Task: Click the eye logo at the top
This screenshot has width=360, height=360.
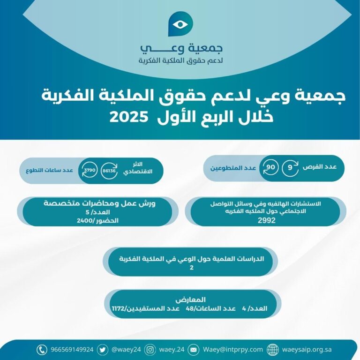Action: (180, 24)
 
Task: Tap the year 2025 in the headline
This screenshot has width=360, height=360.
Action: (128, 117)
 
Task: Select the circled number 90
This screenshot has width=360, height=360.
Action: (270, 167)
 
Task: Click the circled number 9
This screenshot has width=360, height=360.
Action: (290, 168)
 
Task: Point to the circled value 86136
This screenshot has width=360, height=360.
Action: (109, 171)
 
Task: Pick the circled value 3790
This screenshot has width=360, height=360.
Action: (90, 170)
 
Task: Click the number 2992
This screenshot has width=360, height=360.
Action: (266, 220)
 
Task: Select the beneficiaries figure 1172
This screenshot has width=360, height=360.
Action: (118, 308)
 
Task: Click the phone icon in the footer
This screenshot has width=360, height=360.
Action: (42, 350)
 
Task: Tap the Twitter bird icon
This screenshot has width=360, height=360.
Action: (102, 350)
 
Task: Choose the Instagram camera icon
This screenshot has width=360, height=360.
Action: (150, 350)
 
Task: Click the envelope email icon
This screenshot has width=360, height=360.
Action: (193, 350)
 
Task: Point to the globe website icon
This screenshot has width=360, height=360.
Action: (272, 350)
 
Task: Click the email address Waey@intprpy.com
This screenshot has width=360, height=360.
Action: (232, 350)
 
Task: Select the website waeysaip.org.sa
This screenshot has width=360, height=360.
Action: (307, 350)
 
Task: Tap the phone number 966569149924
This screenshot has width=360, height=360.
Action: (72, 350)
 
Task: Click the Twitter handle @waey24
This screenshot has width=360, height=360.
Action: (126, 350)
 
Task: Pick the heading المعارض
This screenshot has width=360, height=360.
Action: (191, 300)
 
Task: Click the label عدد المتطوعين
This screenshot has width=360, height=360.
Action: (233, 168)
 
